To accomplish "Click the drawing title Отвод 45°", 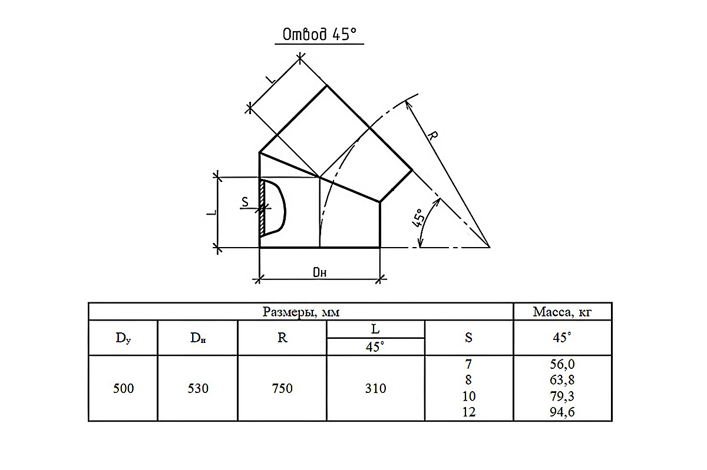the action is pos(319,34).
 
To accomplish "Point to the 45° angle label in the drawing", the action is pos(418,218).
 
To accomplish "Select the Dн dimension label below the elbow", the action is pos(319,272).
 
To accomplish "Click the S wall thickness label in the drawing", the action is pos(245,202).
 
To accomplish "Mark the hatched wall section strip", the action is pos(262,208).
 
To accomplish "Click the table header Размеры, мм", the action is pos(301,312).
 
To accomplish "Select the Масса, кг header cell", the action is pos(562,312).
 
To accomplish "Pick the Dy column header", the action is pos(123,338).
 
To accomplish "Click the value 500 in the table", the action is pos(123,388).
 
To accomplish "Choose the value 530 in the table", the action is pos(198,388).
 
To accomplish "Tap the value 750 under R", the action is pos(282,388).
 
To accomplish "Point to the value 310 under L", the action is pos(376,388).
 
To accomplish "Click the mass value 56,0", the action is pos(562,364).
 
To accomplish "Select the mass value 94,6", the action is pos(562,412).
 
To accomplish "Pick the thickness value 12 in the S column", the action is pos(469,412).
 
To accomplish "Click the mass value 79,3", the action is pos(562,396).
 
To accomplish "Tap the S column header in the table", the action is pos(469,338).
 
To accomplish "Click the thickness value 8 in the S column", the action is pos(469,380).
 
